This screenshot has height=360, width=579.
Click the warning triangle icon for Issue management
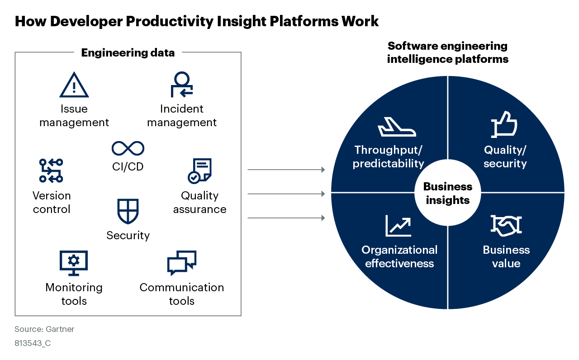tap(74, 85)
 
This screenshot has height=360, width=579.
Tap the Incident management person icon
tap(182, 85)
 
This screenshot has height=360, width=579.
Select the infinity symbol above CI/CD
tap(128, 148)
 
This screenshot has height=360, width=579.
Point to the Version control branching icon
tap(51, 171)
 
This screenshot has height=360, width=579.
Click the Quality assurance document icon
tap(199, 171)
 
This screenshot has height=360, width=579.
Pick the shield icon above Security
tap(128, 211)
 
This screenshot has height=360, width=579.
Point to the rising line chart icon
tap(398, 226)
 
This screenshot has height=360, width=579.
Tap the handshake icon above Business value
tap(506, 226)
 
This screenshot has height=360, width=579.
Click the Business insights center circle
tap(448, 194)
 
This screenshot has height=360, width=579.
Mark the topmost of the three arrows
tap(286, 170)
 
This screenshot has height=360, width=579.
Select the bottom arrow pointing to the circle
tap(286, 218)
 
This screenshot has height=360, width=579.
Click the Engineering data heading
tap(128, 52)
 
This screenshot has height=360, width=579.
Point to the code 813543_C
tap(33, 343)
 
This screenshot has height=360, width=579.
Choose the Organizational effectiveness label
tap(399, 257)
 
